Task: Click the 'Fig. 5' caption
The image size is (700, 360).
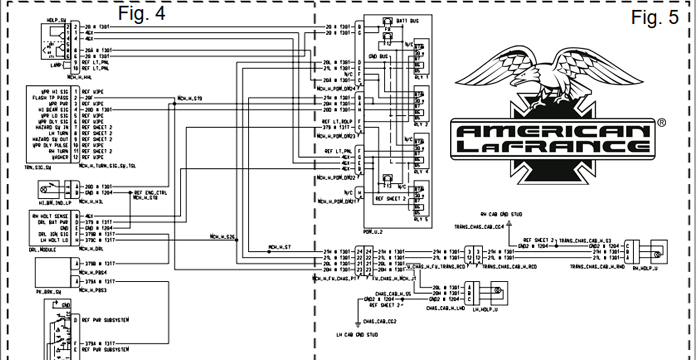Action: (658, 17)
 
